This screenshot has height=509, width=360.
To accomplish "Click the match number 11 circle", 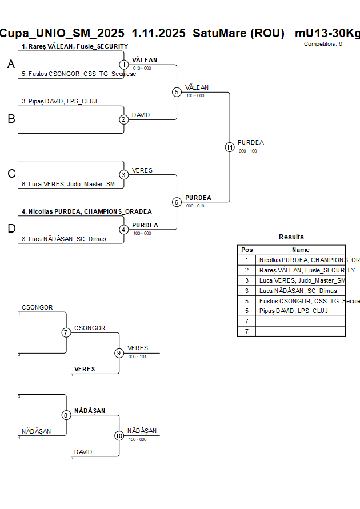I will click(230, 147).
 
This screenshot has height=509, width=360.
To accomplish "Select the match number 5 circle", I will click(177, 92).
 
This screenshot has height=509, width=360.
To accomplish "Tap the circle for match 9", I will click(119, 353).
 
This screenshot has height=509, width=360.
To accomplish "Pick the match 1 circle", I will click(124, 65).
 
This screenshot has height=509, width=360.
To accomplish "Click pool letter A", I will click(11, 65).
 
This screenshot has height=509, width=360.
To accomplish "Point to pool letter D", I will click(11, 229).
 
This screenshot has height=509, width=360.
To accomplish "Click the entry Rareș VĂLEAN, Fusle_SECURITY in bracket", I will click(74, 46).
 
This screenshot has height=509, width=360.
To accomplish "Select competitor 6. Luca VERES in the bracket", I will click(68, 184).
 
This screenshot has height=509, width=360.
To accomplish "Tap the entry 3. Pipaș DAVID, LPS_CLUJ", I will click(59, 101).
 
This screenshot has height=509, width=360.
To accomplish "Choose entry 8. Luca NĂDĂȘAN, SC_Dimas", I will click(64, 239).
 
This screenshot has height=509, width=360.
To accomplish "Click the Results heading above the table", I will click(291, 237).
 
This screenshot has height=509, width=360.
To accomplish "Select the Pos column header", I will click(247, 250).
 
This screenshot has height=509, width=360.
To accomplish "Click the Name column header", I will click(301, 250).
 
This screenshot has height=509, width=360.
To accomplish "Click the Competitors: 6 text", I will click(323, 43).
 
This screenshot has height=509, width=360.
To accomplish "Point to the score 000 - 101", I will click(137, 356).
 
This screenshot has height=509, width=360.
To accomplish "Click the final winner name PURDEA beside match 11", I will click(251, 142).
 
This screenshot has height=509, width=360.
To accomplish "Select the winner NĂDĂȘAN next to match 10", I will click(142, 431).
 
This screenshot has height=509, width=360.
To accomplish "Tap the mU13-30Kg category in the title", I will click(327, 33).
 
